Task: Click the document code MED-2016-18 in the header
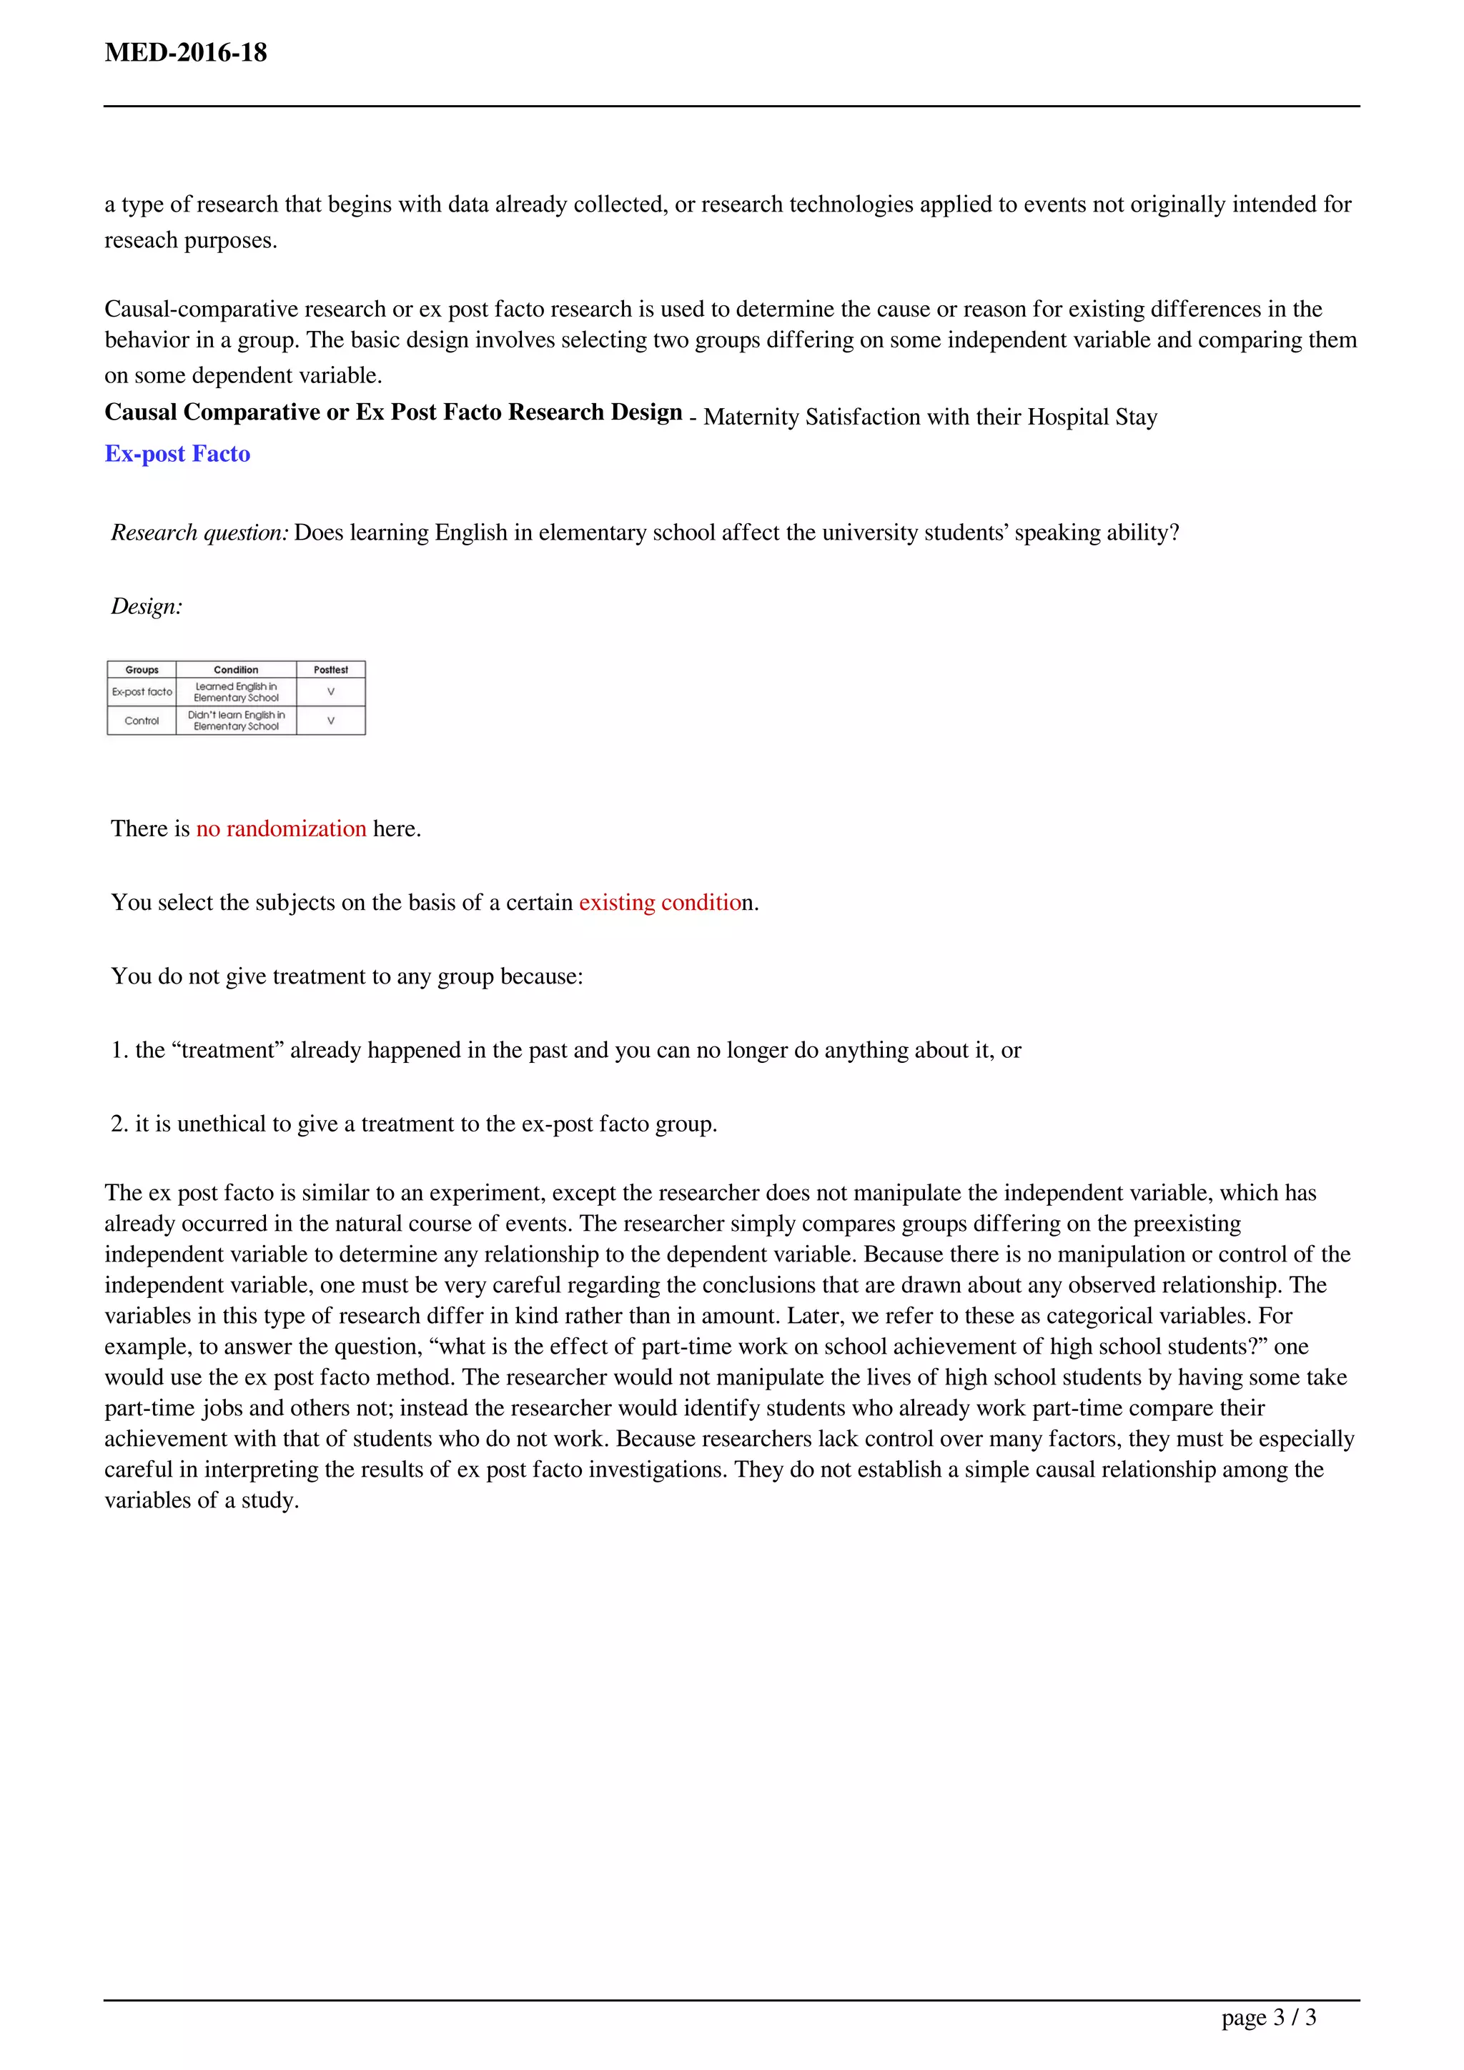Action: coord(186,52)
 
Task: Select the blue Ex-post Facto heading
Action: coord(177,453)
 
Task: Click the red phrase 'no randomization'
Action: coord(281,828)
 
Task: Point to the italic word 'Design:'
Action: coord(146,607)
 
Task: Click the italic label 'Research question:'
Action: coord(199,533)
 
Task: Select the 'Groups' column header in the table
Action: coord(142,670)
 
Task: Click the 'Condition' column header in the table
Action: coord(236,670)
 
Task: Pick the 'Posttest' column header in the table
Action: coord(331,670)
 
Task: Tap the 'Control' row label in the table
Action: coord(142,720)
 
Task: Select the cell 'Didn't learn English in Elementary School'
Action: coord(236,720)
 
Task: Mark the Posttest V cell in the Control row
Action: coord(331,720)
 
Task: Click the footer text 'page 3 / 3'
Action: coord(1268,2017)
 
